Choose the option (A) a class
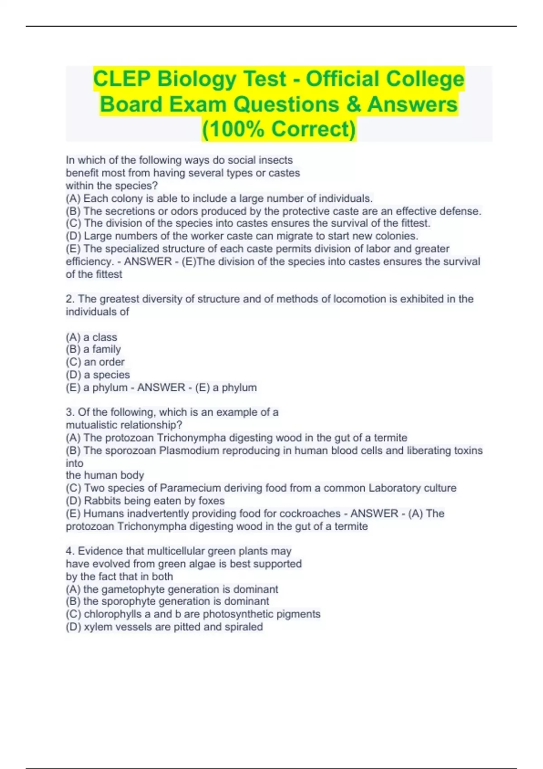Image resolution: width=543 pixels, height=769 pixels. pyautogui.click(x=91, y=337)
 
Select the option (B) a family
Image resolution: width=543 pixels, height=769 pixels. pyautogui.click(x=93, y=349)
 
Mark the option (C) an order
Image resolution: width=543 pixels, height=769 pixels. pyautogui.click(x=95, y=362)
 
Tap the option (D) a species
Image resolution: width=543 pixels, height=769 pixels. pyautogui.click(x=98, y=375)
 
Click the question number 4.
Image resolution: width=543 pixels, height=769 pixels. pyautogui.click(x=70, y=551)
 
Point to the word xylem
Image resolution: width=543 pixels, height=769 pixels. pyautogui.click(x=98, y=627)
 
